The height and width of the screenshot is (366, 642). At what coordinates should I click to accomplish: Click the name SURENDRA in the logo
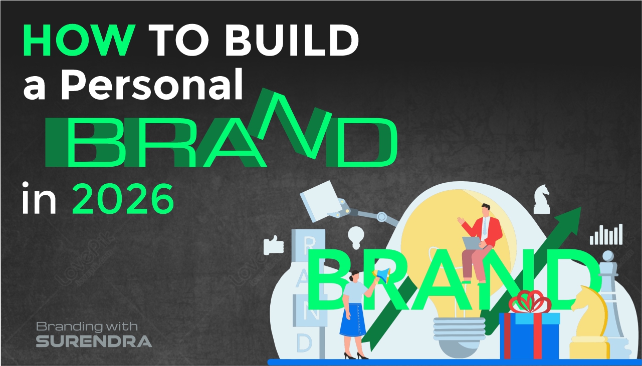click(94, 341)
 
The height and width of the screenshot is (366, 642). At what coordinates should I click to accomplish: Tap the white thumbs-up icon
click(274, 245)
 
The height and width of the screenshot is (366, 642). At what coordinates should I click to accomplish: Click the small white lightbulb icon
click(355, 236)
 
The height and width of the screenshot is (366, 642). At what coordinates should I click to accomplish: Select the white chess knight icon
click(541, 199)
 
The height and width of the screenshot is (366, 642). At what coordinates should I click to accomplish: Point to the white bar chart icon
click(606, 234)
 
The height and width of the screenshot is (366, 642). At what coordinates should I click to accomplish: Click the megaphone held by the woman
click(382, 274)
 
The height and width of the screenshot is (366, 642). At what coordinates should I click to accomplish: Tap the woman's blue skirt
click(352, 321)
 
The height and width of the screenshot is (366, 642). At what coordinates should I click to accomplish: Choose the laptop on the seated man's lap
click(472, 243)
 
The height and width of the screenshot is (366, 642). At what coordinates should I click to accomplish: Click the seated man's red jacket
click(489, 231)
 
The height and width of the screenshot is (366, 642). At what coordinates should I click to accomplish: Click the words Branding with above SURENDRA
click(86, 326)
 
